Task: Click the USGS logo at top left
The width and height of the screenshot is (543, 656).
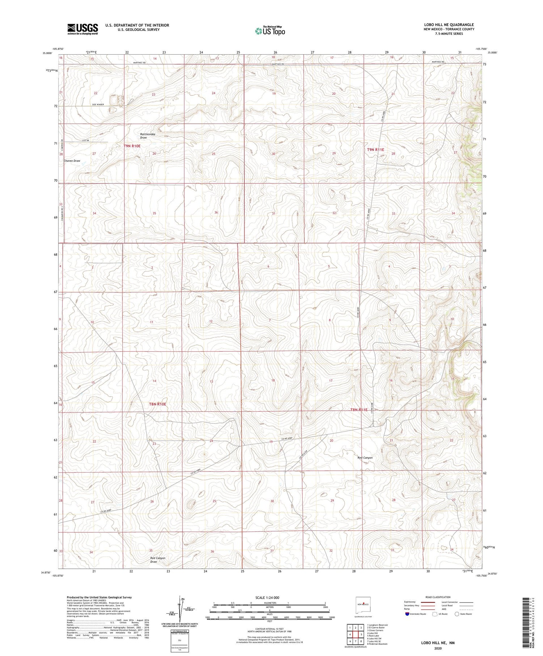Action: [83, 29]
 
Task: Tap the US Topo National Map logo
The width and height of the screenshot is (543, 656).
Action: [270, 31]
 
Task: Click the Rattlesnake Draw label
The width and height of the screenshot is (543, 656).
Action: [148, 136]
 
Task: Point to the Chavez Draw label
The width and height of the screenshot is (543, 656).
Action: [72, 161]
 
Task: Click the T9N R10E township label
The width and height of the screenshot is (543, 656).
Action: [132, 146]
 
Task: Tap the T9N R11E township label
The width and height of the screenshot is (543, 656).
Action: [375, 149]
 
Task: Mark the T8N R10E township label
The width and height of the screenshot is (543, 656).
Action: [158, 404]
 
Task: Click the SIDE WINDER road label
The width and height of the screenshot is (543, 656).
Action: [98, 105]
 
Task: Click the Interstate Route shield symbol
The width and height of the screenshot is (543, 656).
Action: [407, 614]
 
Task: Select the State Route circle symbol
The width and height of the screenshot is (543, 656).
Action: [457, 614]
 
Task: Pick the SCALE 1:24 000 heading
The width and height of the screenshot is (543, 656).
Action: [270, 597]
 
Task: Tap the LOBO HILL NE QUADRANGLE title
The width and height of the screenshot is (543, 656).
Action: [449, 25]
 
